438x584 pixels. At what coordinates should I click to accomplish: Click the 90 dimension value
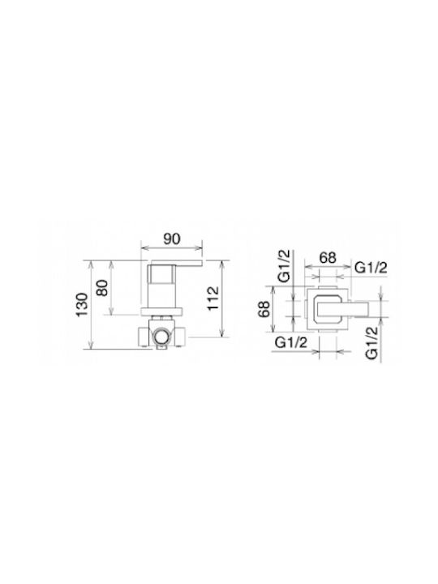click(172, 238)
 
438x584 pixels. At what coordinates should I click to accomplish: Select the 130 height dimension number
click(82, 305)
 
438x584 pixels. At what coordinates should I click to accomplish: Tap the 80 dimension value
click(102, 287)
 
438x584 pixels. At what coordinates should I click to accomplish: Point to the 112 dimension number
click(213, 298)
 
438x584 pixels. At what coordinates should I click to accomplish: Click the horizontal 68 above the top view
click(328, 257)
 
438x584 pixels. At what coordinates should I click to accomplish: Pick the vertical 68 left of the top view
click(264, 309)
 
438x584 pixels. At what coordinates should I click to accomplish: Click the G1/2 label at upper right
click(371, 268)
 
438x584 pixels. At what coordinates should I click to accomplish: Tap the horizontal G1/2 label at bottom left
click(291, 342)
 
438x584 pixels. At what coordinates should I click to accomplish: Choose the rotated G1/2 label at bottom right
click(372, 342)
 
